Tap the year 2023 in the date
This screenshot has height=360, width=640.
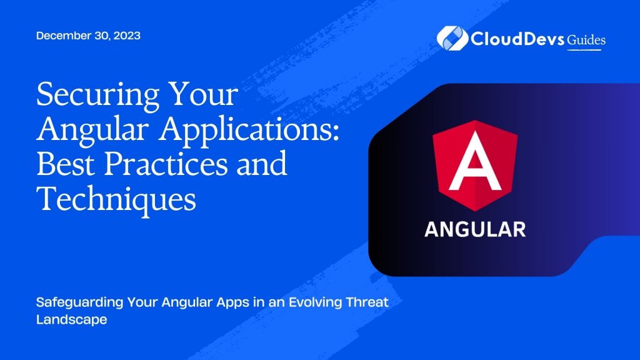pyautogui.click(x=126, y=36)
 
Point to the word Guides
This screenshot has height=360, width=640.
pyautogui.click(x=586, y=39)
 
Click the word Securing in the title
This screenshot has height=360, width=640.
pyautogui.click(x=92, y=96)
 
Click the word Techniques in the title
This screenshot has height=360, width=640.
pyautogui.click(x=117, y=199)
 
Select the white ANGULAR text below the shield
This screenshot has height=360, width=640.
pyautogui.click(x=475, y=229)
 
